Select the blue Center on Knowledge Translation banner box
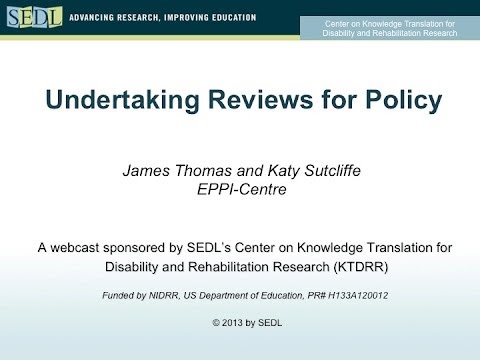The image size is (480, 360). point(390,27)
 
